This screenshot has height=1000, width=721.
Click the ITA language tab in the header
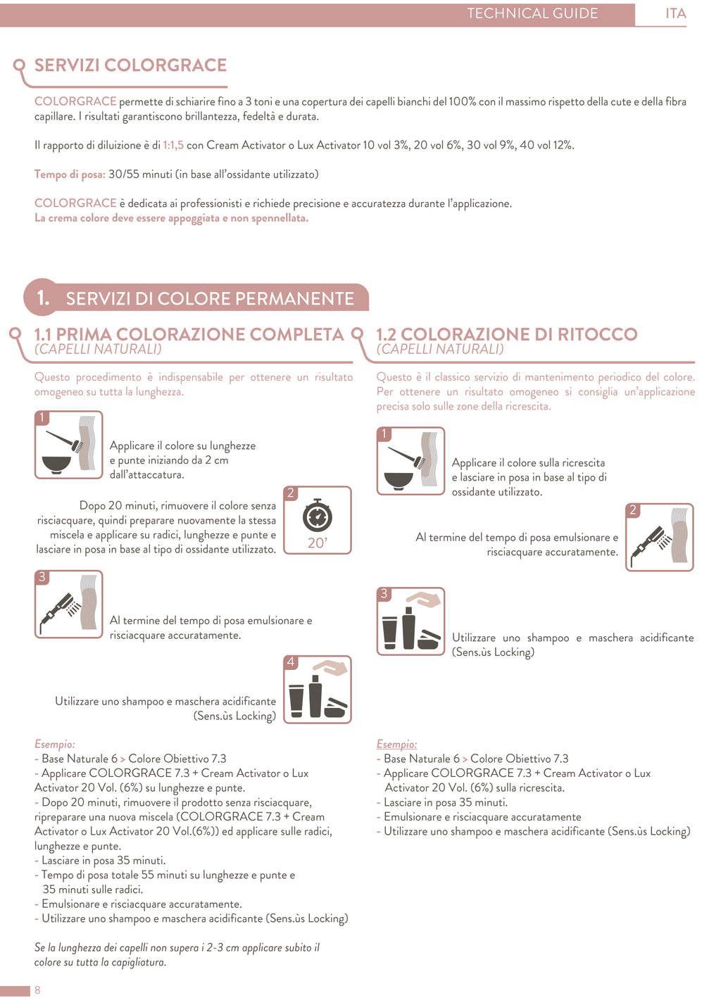coord(675,13)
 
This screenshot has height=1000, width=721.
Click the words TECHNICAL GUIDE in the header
coord(532,13)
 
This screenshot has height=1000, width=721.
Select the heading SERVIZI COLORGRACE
coord(130,65)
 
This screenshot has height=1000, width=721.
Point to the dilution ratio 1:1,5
coord(173,146)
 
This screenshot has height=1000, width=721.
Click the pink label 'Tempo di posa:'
coord(70,175)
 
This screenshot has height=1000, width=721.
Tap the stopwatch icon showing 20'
coord(318,520)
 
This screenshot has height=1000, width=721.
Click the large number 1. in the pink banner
coord(43,298)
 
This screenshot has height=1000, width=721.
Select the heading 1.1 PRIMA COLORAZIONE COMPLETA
coord(189,334)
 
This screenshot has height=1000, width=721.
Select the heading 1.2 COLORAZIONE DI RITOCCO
coord(506,334)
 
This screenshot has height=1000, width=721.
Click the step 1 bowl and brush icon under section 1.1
coord(69,445)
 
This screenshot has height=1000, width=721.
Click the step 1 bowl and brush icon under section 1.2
coord(411,461)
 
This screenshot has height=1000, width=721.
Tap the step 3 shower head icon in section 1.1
coord(69,605)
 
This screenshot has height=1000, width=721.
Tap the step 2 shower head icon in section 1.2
coord(660,537)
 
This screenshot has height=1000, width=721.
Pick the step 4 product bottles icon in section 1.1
coord(318,690)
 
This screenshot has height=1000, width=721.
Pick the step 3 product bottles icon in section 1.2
coord(411,621)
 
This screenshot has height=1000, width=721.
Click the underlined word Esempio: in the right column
coord(396,745)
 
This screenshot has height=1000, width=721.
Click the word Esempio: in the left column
coord(55,745)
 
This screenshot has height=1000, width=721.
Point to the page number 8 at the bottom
coord(37,990)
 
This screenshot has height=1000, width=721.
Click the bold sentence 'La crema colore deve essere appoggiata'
coord(171,218)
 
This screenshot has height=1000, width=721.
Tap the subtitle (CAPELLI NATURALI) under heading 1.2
coord(440,349)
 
